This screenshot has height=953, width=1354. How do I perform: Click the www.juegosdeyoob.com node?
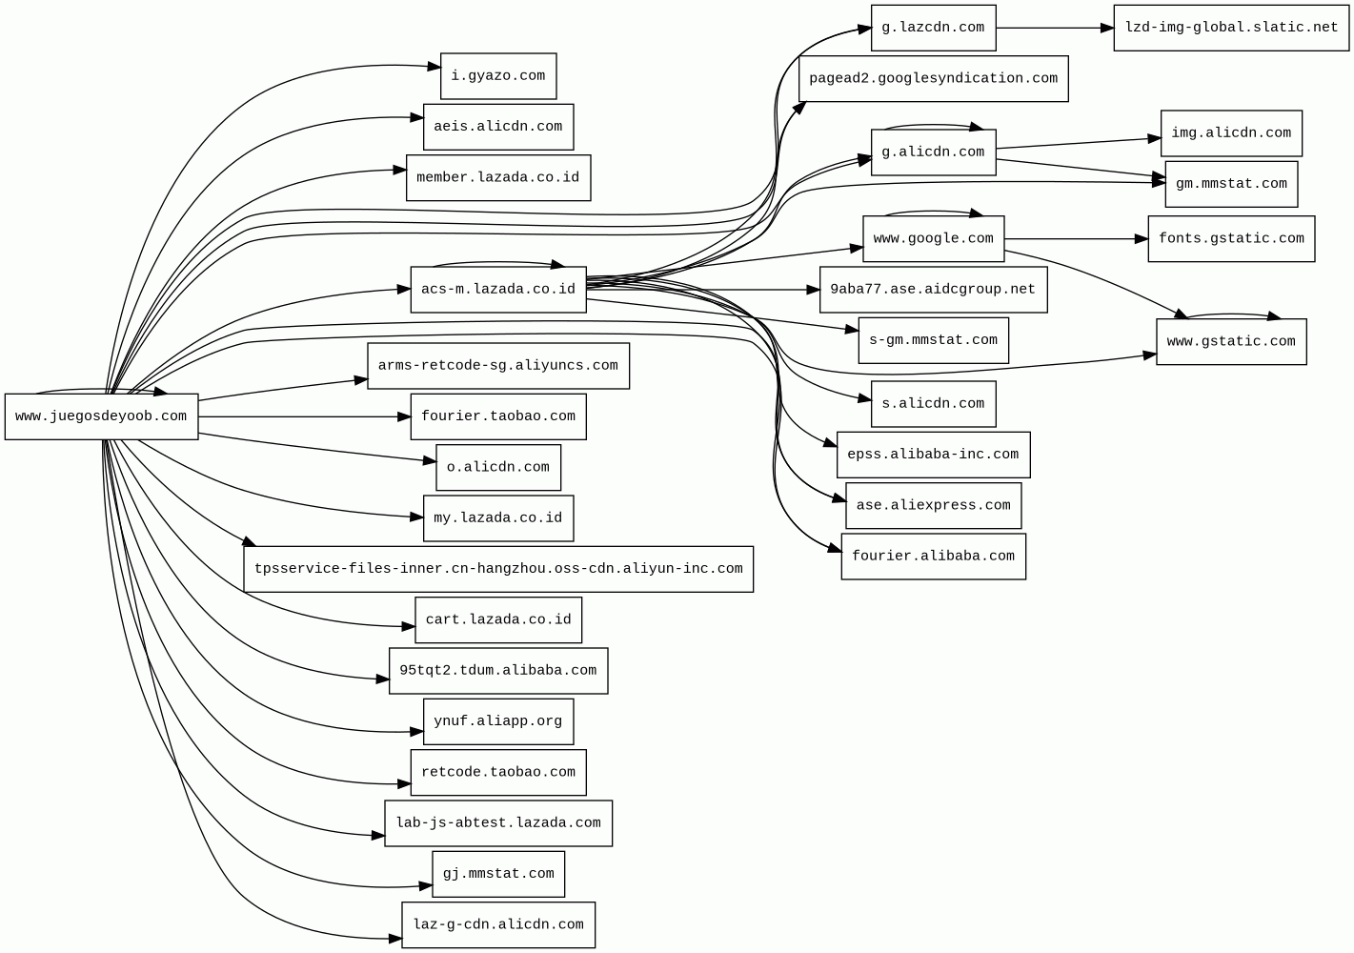[101, 416]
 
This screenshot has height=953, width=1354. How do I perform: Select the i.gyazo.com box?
[497, 76]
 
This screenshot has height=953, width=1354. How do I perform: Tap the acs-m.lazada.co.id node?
[497, 290]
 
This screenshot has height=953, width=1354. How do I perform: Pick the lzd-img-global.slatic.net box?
[1230, 28]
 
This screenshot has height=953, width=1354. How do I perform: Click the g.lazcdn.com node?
[933, 28]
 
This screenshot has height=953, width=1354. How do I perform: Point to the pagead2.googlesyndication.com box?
[933, 78]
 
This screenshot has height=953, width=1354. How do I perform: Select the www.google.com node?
[933, 238]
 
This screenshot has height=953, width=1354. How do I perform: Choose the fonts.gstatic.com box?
[1230, 238]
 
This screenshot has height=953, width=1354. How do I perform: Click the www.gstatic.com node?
[1230, 341]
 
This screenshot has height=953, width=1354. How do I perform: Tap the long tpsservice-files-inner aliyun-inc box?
[497, 569]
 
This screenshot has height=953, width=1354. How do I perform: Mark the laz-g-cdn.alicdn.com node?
[497, 924]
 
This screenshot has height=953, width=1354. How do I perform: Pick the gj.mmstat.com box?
[497, 874]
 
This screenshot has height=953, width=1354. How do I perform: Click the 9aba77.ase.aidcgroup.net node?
[933, 290]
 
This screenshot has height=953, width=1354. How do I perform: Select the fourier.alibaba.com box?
[933, 556]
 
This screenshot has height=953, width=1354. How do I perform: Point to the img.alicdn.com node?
[1230, 133]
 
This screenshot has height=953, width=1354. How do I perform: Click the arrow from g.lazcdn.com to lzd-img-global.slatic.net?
[1054, 28]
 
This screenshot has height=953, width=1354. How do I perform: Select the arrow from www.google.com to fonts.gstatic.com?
[1075, 238]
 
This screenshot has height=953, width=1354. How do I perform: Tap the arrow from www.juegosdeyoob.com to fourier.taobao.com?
[305, 416]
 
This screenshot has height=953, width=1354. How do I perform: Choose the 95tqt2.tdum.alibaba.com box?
[497, 670]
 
